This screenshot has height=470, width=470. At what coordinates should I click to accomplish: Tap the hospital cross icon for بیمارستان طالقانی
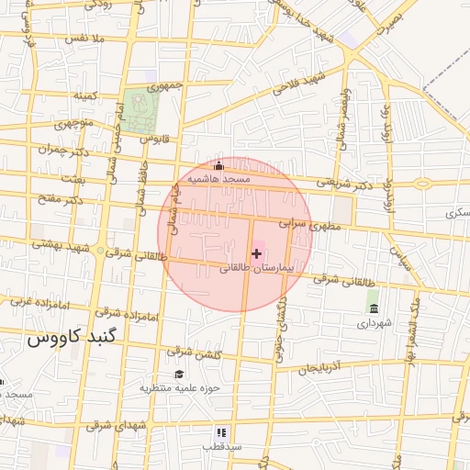pos(256,252)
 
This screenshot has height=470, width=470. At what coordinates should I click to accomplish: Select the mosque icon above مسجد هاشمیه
pos(218,166)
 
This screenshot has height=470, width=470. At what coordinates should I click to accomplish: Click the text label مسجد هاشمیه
pos(219,180)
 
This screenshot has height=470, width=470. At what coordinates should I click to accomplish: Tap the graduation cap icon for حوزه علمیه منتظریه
pos(179,374)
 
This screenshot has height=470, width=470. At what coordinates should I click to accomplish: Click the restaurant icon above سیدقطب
pos(221,431)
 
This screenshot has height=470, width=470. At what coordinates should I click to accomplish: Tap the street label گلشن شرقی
pos(192,352)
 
